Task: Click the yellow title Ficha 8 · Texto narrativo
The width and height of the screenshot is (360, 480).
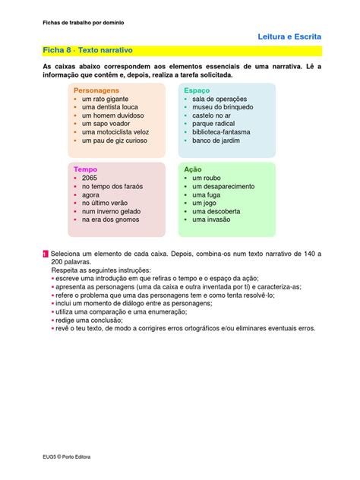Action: click(x=90, y=49)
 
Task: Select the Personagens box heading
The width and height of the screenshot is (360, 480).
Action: click(x=96, y=90)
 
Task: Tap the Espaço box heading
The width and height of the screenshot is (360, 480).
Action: click(x=197, y=90)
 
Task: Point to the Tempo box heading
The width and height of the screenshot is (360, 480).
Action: click(x=85, y=169)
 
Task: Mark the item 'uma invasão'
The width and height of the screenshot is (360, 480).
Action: click(x=211, y=219)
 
